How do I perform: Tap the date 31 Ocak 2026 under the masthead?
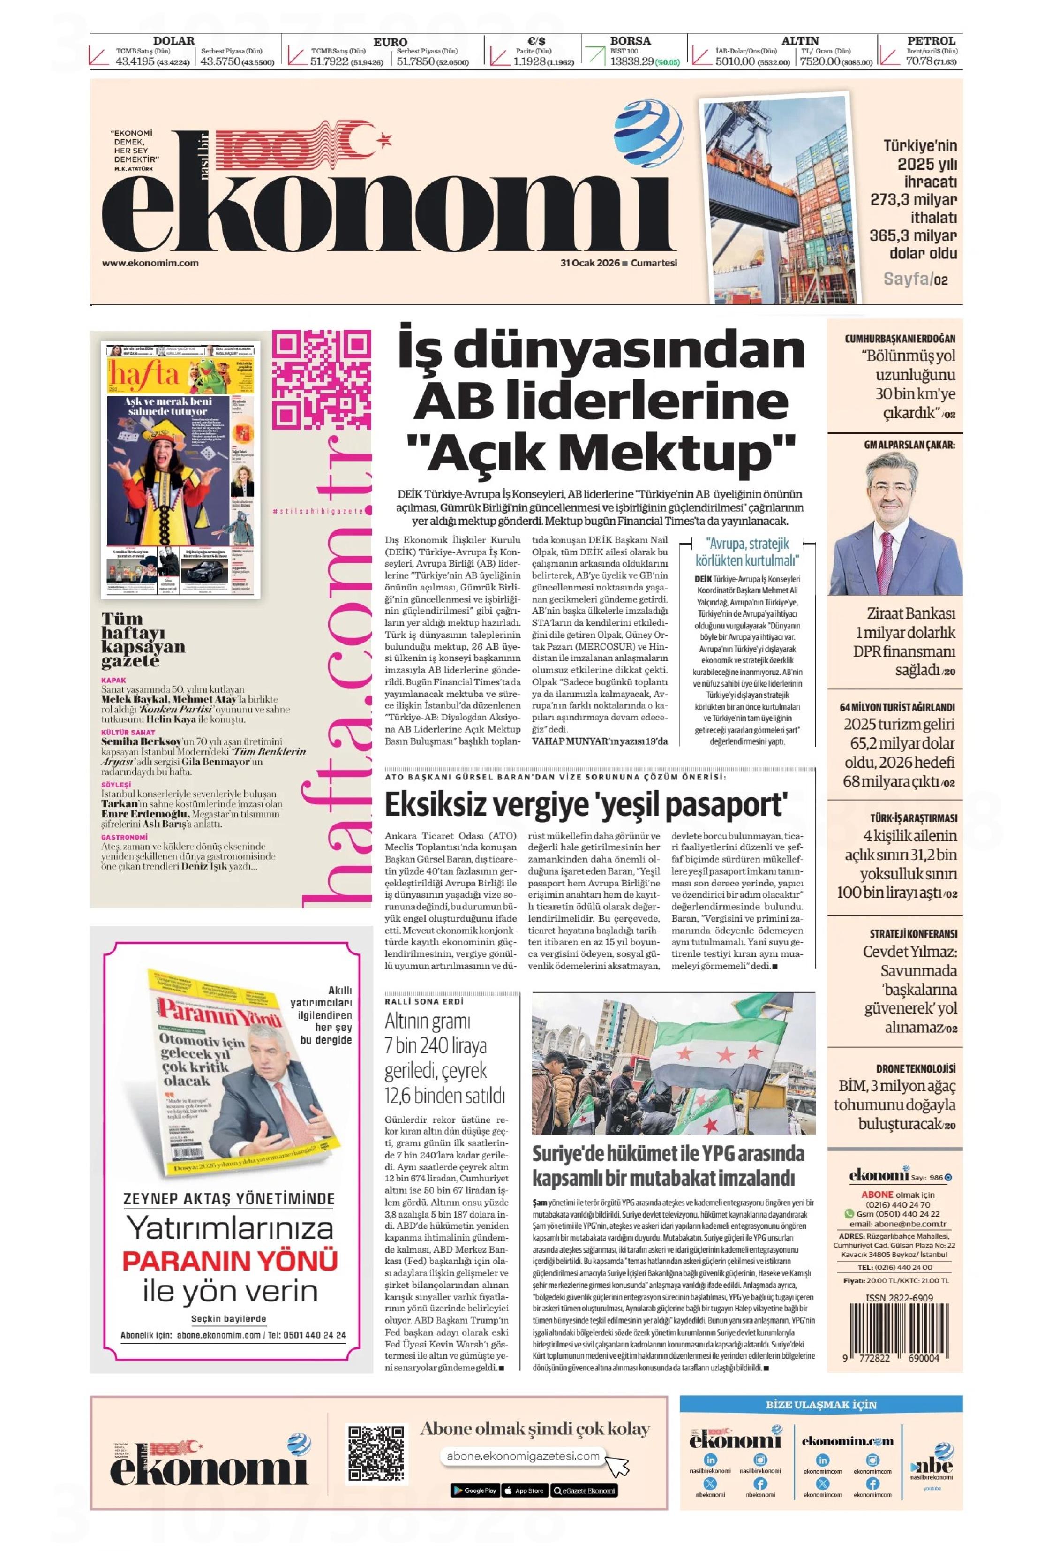[590, 263]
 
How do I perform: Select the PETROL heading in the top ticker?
[931, 41]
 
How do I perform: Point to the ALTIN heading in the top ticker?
[800, 41]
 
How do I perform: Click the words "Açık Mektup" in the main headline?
[606, 452]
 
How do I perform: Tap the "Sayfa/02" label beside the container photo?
[915, 279]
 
